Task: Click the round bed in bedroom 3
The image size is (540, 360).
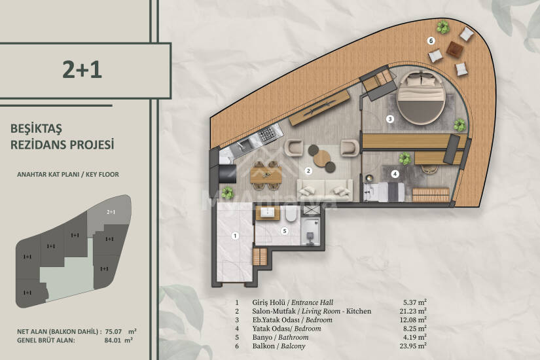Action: tap(420, 98)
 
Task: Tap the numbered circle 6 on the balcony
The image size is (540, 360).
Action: tap(431, 41)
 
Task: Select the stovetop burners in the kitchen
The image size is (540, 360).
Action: tap(268, 135)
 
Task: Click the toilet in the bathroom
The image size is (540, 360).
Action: tap(291, 213)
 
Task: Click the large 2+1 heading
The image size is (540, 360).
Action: tap(82, 69)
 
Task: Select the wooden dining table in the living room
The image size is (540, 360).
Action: tap(266, 175)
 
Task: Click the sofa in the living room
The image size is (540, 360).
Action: tap(325, 190)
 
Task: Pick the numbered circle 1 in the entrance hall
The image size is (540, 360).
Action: tap(235, 236)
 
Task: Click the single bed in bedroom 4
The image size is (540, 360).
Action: tap(384, 192)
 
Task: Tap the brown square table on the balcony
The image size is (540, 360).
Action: tap(455, 49)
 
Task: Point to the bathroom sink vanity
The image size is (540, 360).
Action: tap(267, 213)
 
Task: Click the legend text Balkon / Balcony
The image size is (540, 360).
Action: tap(279, 346)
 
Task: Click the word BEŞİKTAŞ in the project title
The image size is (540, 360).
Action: tap(36, 128)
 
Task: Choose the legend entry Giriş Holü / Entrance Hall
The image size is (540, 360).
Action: tap(293, 302)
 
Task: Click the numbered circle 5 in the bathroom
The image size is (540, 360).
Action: tap(285, 231)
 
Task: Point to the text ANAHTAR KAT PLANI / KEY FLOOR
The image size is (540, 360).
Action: tap(68, 174)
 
